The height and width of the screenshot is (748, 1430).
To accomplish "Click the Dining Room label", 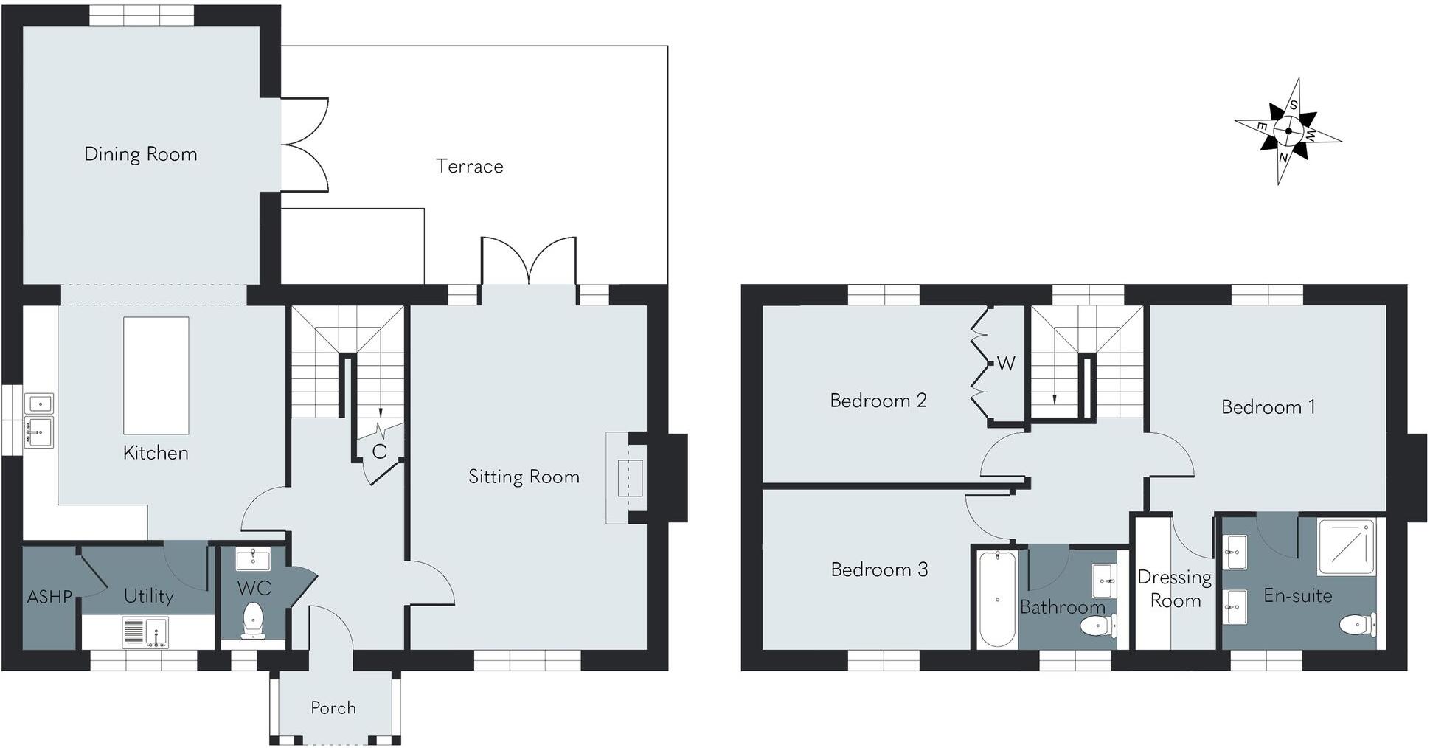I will tap(140, 154).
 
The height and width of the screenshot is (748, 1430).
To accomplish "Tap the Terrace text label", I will tap(469, 166).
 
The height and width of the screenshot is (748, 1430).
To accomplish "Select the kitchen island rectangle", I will tap(156, 375).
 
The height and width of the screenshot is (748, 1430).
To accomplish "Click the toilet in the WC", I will tap(253, 619).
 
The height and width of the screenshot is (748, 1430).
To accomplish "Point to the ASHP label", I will tap(49, 597).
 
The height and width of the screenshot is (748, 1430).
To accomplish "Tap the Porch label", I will tap(333, 708).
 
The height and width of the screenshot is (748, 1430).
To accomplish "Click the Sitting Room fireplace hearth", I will tap(618, 478).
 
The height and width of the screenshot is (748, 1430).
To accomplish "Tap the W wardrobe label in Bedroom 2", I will tap(1006, 363).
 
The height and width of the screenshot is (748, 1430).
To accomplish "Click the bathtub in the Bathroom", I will tap(997, 598).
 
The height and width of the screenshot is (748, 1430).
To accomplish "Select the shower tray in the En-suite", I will tap(1346, 547).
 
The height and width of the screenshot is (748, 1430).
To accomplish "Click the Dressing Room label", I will tap(1175, 589).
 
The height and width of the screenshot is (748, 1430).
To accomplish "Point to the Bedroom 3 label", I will tap(879, 569).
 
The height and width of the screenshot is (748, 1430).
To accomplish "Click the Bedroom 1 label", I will tap(1268, 407).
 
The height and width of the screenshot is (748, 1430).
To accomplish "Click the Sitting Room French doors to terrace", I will tap(529, 262).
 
